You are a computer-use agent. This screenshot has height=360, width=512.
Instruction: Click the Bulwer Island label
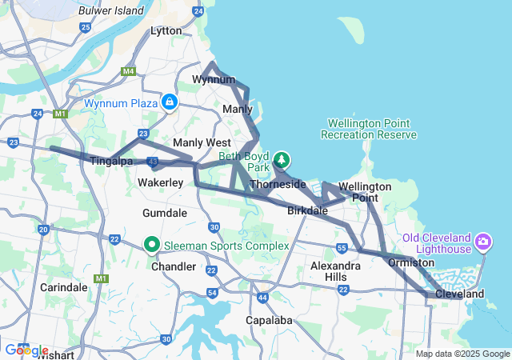tap(111, 10)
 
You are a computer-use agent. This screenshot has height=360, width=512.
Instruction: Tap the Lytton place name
tap(166, 30)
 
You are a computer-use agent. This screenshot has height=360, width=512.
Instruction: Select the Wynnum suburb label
tap(214, 79)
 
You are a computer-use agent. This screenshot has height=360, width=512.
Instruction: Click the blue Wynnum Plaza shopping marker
tap(170, 102)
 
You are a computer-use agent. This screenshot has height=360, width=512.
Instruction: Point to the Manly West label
tap(202, 142)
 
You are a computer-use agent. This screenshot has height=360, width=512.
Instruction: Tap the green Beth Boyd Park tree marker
tap(282, 160)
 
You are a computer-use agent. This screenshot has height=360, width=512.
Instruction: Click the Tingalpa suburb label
tap(111, 161)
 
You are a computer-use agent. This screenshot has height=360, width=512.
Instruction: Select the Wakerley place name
tap(161, 183)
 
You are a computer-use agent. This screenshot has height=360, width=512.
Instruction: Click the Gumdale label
tap(165, 213)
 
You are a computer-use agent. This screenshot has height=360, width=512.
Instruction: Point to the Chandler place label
tap(174, 266)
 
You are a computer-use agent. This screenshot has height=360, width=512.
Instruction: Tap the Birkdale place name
tap(307, 211)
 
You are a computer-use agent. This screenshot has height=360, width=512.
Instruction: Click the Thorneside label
tap(278, 184)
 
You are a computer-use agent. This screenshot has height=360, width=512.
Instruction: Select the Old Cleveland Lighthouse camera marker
tap(483, 241)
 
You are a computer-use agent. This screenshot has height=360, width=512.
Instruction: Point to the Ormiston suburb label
tap(411, 262)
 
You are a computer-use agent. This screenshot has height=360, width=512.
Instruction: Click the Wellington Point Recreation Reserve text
tap(369, 129)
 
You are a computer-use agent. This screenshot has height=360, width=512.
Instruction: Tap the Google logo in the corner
tap(26, 350)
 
